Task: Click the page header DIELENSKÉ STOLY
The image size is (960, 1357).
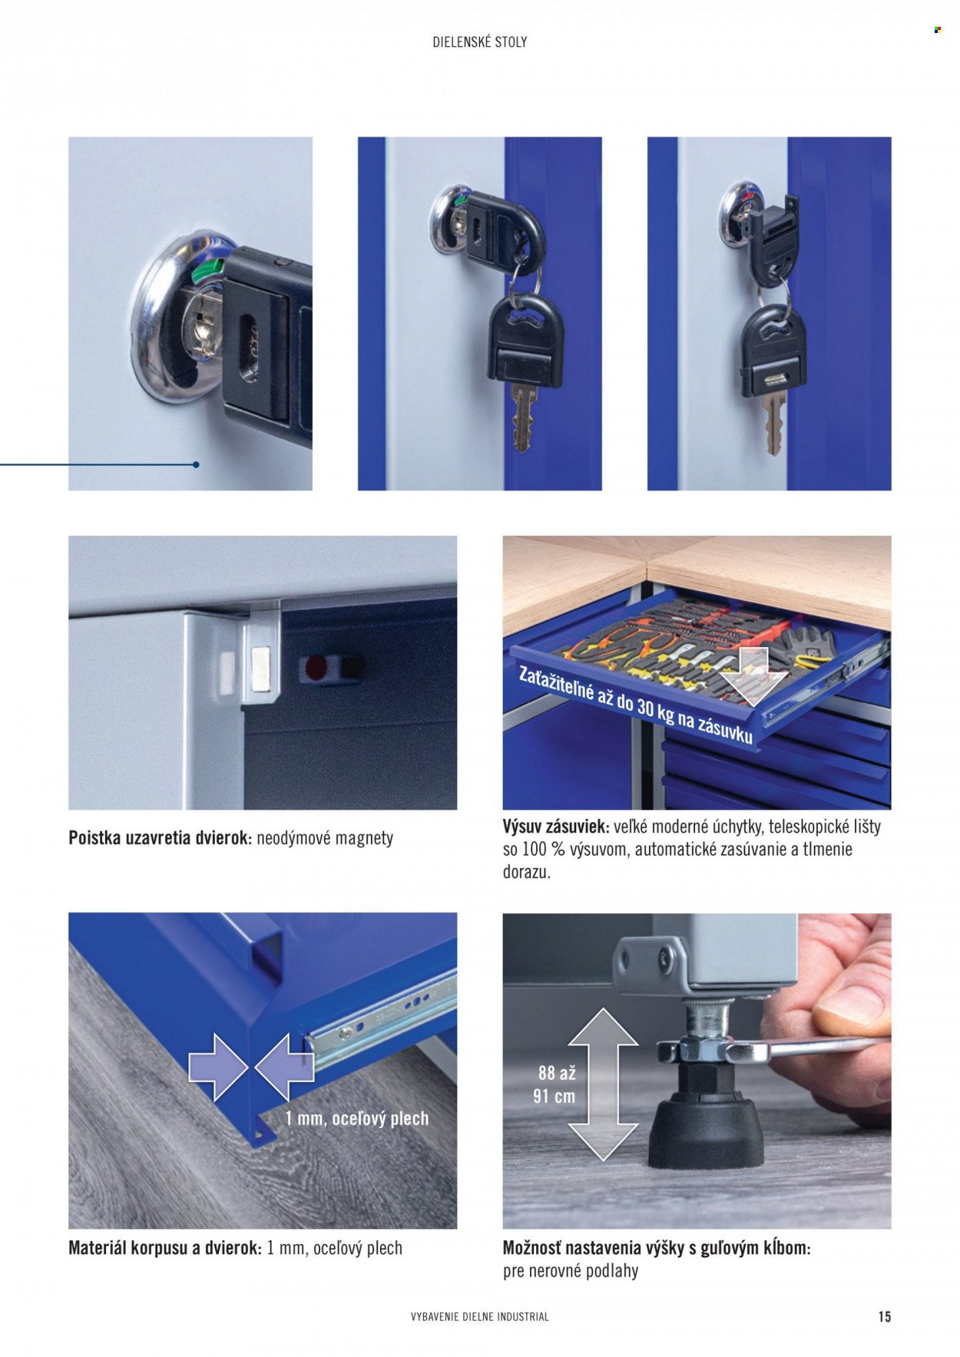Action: [x=480, y=42]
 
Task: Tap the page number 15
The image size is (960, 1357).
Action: [x=885, y=1316]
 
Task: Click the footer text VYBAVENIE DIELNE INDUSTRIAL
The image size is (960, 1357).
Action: [x=480, y=1316]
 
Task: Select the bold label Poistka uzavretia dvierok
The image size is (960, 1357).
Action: [x=160, y=837]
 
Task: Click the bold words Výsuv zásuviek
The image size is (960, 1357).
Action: [x=556, y=827]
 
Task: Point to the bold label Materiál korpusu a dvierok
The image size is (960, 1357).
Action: [x=165, y=1248]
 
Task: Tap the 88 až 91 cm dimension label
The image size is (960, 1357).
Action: [x=555, y=1085]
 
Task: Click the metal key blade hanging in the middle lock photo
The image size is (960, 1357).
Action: [x=525, y=418]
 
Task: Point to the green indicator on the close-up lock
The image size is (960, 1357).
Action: [x=204, y=271]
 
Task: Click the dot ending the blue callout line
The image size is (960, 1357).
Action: [x=197, y=464]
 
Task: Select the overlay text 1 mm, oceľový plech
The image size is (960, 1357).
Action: [x=357, y=1118]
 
